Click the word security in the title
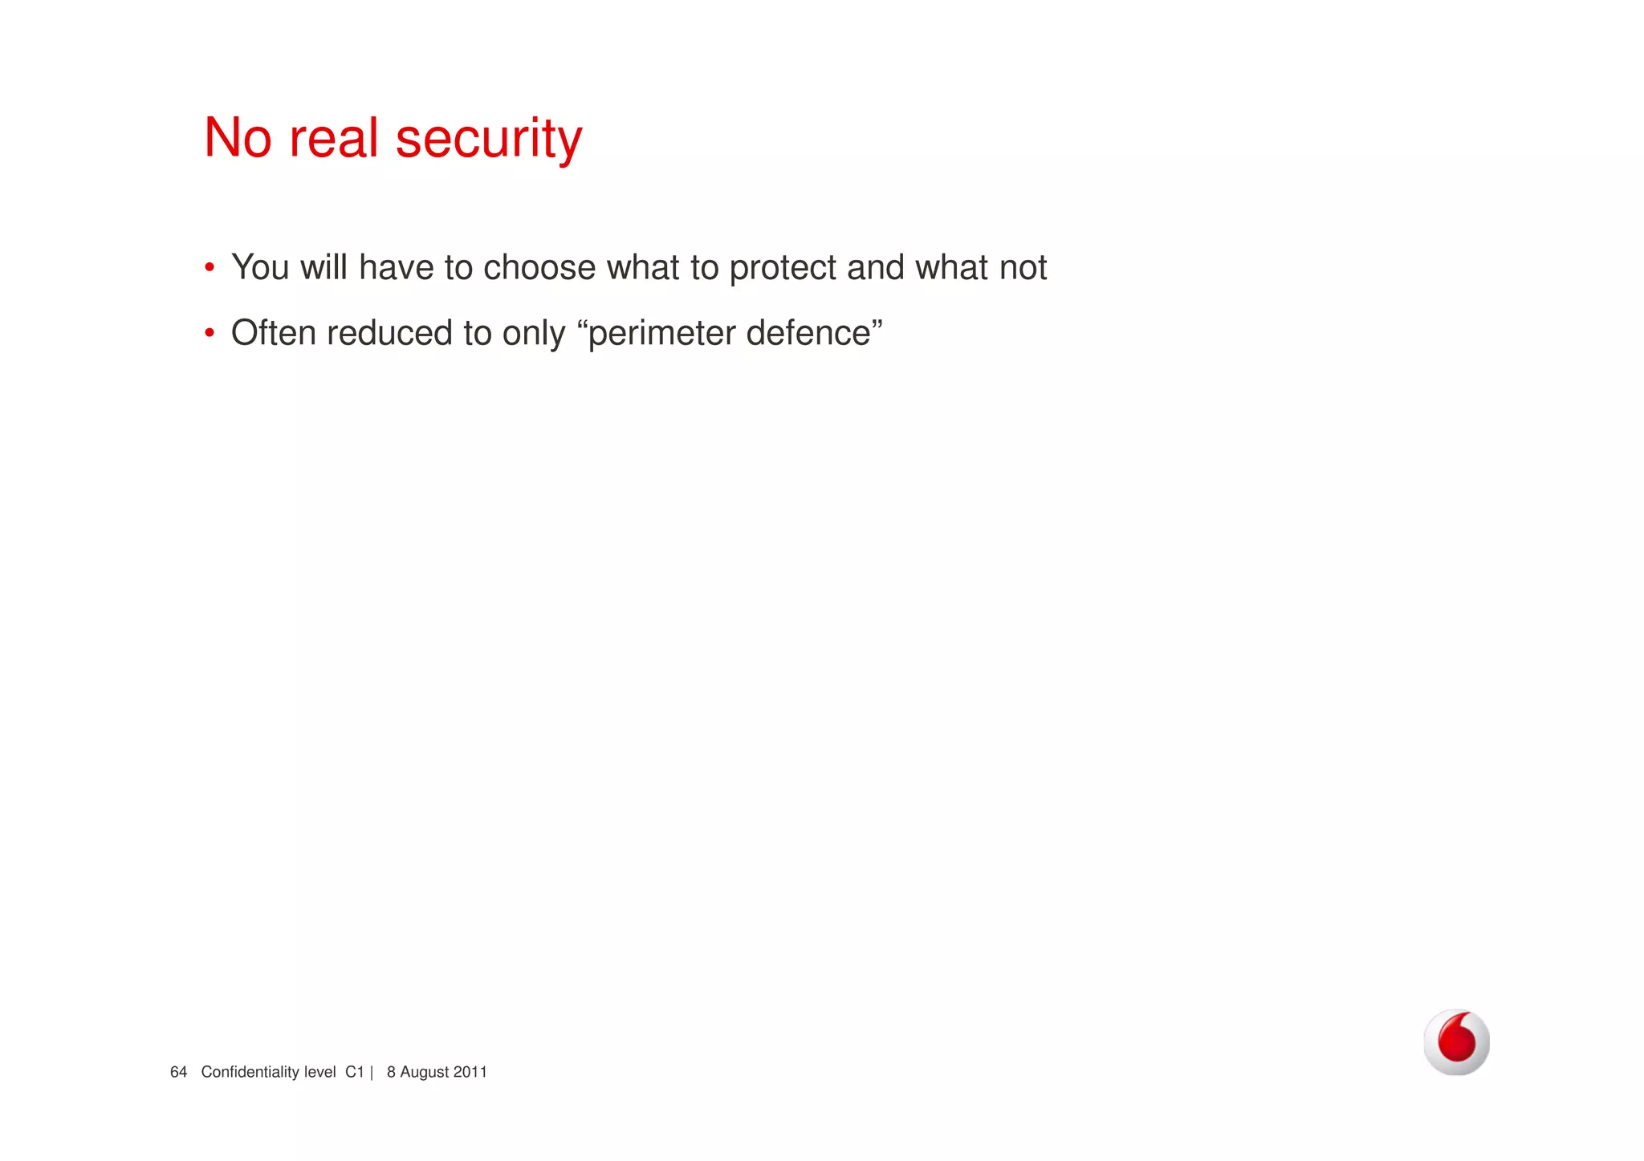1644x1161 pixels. [488, 138]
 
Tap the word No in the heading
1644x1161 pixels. [238, 138]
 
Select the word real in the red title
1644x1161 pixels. [333, 138]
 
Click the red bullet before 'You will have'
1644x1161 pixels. [210, 267]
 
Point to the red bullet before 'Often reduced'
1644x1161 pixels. [210, 333]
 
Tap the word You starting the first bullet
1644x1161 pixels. [260, 267]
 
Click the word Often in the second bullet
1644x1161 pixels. [273, 333]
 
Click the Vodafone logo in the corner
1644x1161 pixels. [1456, 1041]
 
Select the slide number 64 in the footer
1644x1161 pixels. [178, 1072]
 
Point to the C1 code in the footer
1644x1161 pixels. [355, 1072]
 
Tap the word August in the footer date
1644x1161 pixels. [425, 1072]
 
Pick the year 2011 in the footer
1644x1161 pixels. [470, 1072]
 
